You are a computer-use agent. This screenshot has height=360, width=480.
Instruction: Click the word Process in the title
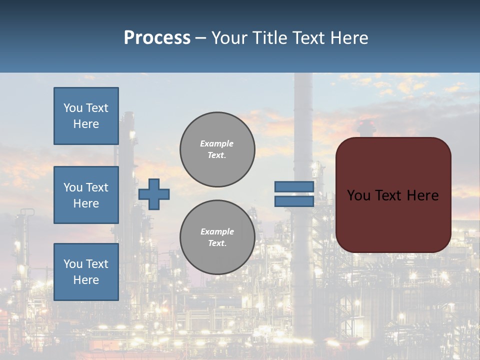[157, 38]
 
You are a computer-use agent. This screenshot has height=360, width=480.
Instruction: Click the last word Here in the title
[349, 38]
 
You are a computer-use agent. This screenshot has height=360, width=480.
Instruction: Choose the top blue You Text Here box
[86, 116]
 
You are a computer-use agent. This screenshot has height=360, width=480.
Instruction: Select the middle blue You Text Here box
[86, 195]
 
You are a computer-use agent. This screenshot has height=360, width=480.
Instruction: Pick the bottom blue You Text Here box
[86, 272]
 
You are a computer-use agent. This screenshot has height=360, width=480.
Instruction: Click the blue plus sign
[154, 194]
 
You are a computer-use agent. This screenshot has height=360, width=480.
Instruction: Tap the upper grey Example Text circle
[217, 149]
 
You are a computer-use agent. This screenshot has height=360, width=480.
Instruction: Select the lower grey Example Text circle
[217, 237]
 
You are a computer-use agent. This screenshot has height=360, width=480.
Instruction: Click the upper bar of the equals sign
[294, 186]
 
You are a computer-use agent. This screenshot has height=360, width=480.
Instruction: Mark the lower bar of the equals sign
[294, 201]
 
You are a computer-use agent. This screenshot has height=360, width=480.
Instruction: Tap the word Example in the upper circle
[217, 143]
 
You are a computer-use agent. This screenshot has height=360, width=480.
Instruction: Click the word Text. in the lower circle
[217, 243]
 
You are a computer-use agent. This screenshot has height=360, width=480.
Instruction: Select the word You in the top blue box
[72, 108]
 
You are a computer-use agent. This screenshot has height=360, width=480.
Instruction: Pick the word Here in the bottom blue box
[86, 280]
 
